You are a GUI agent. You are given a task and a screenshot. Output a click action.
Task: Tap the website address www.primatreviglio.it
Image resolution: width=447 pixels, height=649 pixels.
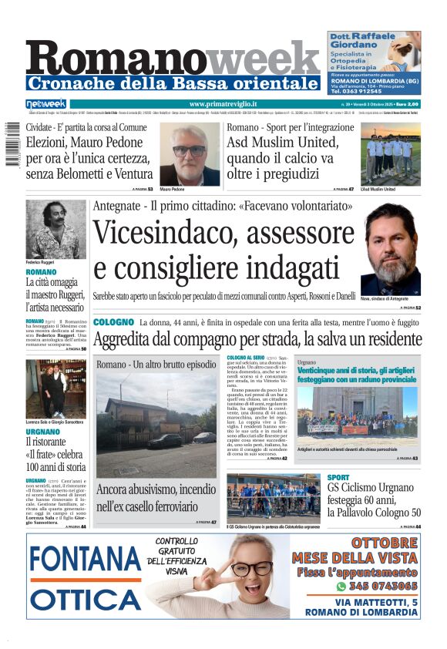coord(223,103)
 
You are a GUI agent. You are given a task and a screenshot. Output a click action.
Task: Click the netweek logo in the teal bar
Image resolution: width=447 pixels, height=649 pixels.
coord(46,103)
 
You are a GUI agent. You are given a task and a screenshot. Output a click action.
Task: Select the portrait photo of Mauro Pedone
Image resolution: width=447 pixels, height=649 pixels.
coord(189,154)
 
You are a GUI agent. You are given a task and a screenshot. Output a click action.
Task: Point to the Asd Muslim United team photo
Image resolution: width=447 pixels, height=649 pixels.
coord(391,154)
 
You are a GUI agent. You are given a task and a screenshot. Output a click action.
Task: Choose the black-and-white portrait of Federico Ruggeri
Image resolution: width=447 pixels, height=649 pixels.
coord(55,230)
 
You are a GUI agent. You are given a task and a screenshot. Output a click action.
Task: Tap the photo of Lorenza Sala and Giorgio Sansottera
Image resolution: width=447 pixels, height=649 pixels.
coord(55,388)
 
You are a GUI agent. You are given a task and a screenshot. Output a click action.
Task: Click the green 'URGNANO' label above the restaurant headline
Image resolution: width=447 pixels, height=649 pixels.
coord(43,432)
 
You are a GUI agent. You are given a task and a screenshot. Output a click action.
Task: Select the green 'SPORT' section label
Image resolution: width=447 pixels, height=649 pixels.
coord(338,478)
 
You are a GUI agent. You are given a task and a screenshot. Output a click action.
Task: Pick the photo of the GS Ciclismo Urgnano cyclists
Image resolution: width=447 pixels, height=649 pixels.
coord(273,498)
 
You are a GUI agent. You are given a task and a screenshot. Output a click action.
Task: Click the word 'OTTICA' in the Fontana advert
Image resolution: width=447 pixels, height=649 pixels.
coord(86,600)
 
